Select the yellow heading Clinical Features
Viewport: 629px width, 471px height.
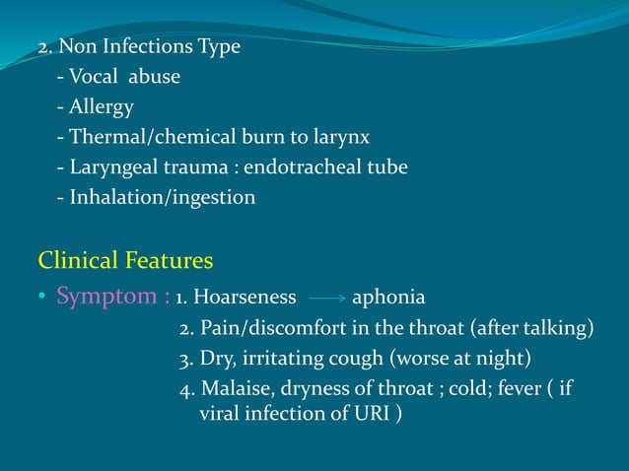tap(125, 261)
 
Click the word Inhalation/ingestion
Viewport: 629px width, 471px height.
tap(162, 198)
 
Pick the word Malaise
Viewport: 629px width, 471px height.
tap(236, 388)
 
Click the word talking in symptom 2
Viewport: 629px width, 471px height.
tap(555, 327)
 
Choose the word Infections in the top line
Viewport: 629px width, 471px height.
tap(139, 47)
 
